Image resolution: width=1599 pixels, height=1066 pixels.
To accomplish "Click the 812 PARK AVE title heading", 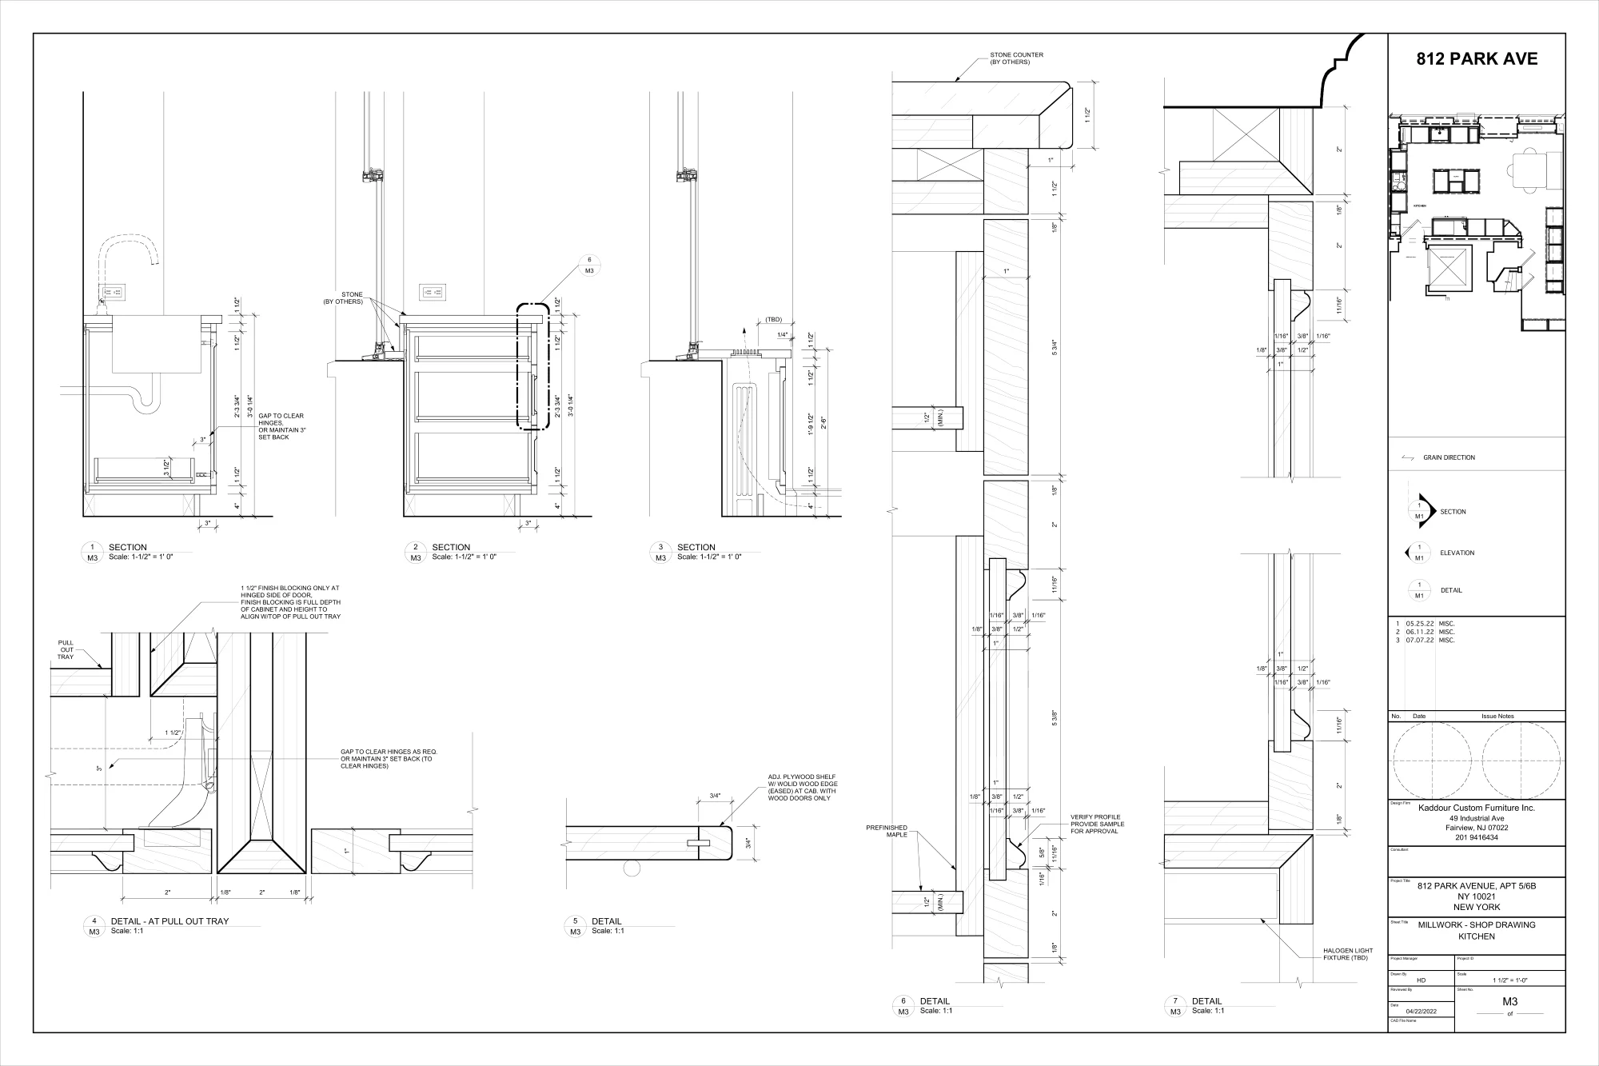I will tap(1477, 59).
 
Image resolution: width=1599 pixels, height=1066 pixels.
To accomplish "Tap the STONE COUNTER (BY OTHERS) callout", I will tap(1016, 58).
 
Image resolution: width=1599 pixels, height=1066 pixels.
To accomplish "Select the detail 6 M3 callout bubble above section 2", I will tap(589, 266).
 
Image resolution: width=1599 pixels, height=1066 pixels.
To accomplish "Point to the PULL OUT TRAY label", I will tap(66, 649).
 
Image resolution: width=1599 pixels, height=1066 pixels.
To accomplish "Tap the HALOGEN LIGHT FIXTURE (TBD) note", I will tap(1347, 954).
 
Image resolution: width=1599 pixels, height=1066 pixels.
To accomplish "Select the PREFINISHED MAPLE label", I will tap(887, 831).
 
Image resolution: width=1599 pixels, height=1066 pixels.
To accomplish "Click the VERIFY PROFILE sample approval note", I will tap(1097, 824).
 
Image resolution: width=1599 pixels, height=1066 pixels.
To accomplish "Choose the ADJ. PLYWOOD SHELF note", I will tap(802, 787).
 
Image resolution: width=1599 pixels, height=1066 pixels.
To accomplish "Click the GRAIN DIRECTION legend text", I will tap(1449, 458).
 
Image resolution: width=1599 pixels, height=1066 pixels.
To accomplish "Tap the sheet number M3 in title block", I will tap(1509, 1001).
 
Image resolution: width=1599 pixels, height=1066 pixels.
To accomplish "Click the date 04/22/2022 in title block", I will tap(1422, 1012).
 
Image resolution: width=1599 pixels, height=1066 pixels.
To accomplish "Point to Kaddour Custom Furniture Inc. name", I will tap(1476, 808).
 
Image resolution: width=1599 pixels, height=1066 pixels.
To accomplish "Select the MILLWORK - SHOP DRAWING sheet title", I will tap(1477, 925).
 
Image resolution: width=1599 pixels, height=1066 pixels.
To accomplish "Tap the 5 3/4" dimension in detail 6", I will tap(1055, 349).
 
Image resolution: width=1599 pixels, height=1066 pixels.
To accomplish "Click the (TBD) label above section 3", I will tap(773, 319).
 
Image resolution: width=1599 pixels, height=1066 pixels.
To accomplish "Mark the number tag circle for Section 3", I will tap(660, 552).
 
